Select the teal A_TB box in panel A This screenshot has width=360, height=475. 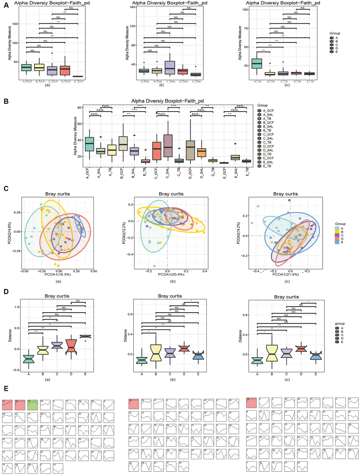[x=262, y=64]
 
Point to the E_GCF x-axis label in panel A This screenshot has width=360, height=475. [x=78, y=82]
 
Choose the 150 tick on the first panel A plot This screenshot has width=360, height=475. [x=15, y=24]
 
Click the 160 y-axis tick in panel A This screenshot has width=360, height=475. [x=133, y=7]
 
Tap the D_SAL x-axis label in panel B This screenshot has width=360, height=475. [x=202, y=173]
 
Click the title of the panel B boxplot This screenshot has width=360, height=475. [x=167, y=101]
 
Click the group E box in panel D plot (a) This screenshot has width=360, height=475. [x=85, y=337]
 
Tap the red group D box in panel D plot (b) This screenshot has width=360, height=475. [x=184, y=348]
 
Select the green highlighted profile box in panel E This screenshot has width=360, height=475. [x=33, y=405]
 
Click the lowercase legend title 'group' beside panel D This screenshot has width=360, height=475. [x=340, y=323]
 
